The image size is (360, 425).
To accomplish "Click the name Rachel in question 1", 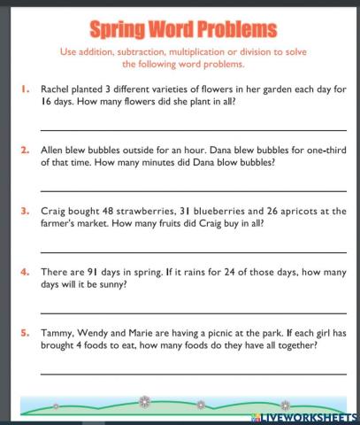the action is [59, 88].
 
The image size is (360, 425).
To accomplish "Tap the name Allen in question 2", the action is [56, 150].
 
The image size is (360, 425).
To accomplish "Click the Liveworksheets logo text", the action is [309, 415].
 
